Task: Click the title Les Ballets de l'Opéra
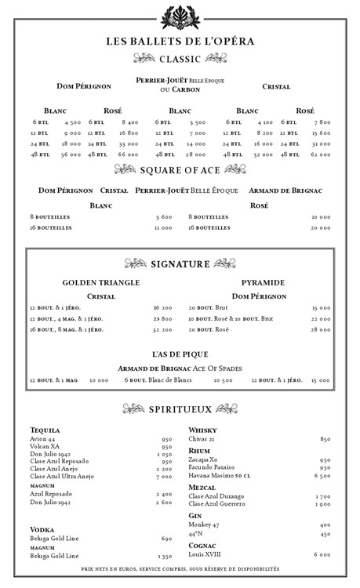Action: click(x=180, y=42)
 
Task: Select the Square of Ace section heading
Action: click(x=180, y=169)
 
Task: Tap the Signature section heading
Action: click(x=180, y=264)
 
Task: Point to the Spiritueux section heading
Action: click(x=180, y=408)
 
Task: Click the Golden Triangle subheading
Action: click(x=100, y=282)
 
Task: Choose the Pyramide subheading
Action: click(x=263, y=282)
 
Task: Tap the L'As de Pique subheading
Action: click(x=180, y=354)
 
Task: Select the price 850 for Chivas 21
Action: click(x=324, y=439)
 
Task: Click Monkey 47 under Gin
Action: click(x=205, y=524)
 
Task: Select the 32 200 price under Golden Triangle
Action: click(x=162, y=330)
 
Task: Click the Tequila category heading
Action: click(x=45, y=430)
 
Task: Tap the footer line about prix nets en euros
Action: click(x=180, y=569)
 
